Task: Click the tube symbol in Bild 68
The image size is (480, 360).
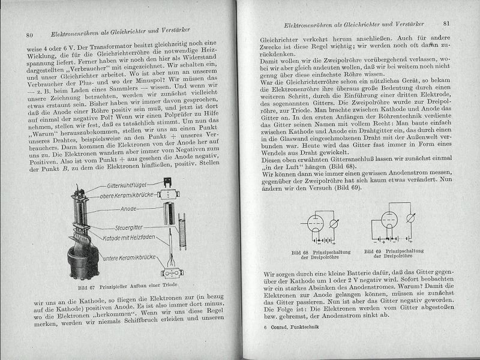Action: point(314,223)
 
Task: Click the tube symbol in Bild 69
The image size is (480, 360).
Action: point(387,223)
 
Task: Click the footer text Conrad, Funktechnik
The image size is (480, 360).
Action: point(295,328)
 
